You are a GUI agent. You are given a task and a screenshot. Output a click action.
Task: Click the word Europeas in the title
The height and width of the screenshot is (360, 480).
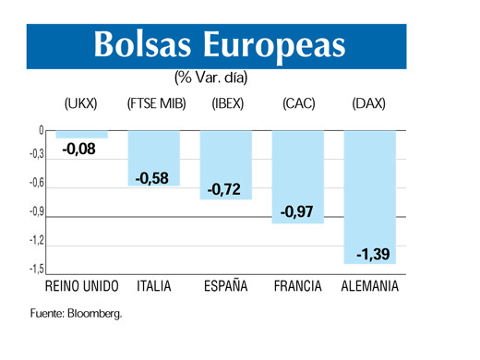pyautogui.click(x=278, y=42)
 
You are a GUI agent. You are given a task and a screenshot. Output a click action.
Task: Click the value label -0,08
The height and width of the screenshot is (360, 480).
pyautogui.click(x=78, y=148)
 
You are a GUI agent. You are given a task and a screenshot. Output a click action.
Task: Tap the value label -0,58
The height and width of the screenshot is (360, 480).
pyautogui.click(x=151, y=178)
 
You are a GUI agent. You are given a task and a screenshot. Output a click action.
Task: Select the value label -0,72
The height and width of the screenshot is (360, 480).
pyautogui.click(x=224, y=189)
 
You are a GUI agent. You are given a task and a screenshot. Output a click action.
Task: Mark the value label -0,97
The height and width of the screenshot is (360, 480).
pyautogui.click(x=296, y=212)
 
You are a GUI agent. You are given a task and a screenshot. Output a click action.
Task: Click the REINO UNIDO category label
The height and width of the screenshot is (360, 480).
pyautogui.click(x=82, y=286)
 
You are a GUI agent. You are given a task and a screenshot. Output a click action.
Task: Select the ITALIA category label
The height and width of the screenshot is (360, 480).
pyautogui.click(x=154, y=286)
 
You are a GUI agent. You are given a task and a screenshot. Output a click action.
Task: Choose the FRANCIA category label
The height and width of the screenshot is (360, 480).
pyautogui.click(x=297, y=286)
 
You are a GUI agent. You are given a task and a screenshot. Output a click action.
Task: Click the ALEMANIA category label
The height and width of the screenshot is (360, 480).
pyautogui.click(x=370, y=286)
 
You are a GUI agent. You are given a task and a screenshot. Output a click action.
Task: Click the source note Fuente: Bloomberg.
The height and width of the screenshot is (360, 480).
pyautogui.click(x=76, y=314)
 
